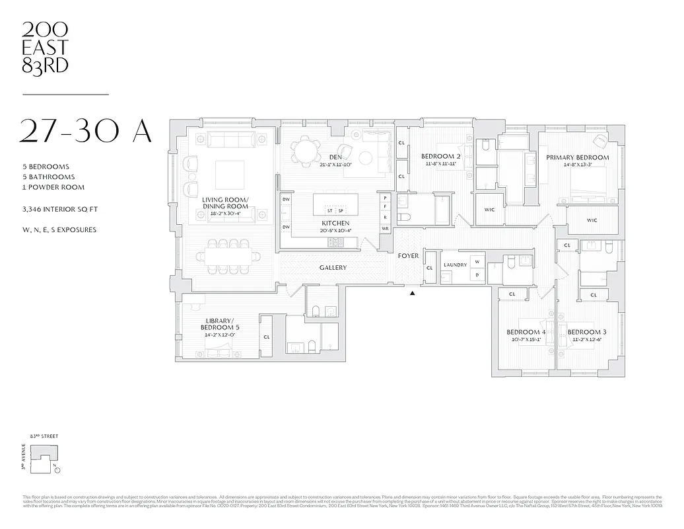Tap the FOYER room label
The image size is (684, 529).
(x=408, y=255)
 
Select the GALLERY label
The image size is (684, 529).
(x=333, y=268)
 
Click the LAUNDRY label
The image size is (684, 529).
(x=455, y=264)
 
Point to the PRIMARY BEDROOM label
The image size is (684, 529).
(x=577, y=157)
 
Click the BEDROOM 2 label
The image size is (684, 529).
(x=440, y=156)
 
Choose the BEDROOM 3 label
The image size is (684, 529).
(x=586, y=332)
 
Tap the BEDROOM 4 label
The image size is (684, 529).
(x=526, y=332)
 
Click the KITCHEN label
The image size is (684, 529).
(x=335, y=224)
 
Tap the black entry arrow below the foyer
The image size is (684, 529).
(x=413, y=293)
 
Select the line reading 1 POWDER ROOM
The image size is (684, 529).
(x=53, y=187)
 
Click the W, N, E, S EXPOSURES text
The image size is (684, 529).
(x=59, y=230)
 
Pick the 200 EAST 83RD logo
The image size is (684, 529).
(x=45, y=47)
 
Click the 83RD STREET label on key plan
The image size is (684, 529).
(x=44, y=436)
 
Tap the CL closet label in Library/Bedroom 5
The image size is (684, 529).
(x=267, y=337)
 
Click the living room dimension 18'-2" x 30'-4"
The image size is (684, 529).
(x=225, y=214)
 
